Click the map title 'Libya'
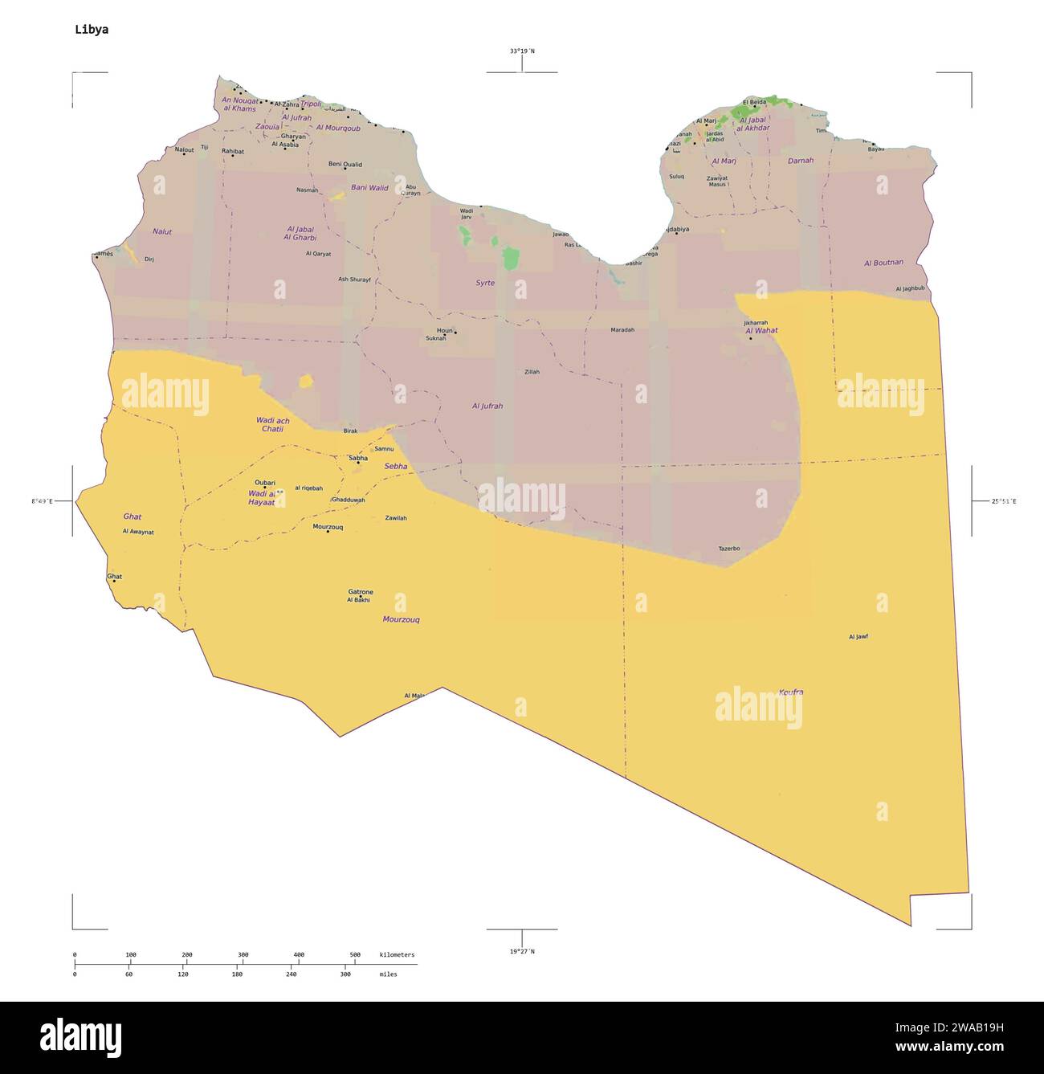[92, 30]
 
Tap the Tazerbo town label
[728, 549]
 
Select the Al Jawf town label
[858, 637]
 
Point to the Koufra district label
[790, 692]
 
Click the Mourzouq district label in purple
[401, 619]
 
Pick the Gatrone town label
[360, 592]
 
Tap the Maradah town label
[622, 329]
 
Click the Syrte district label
[484, 283]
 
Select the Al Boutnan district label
[883, 263]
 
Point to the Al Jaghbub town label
[910, 288]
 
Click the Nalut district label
[162, 231]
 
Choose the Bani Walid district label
[369, 188]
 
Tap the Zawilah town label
[395, 518]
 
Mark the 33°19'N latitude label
[521, 51]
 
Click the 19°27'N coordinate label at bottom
[521, 951]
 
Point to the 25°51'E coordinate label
[1003, 501]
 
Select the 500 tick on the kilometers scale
[355, 955]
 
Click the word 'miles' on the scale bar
[388, 974]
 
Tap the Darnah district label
[800, 161]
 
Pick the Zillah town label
[532, 372]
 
